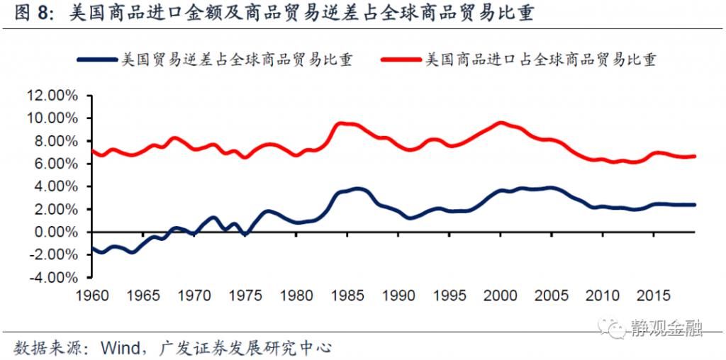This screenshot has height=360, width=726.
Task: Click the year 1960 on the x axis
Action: point(92,293)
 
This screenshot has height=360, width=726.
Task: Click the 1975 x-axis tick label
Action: point(245,293)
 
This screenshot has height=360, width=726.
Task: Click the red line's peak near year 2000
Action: point(501,123)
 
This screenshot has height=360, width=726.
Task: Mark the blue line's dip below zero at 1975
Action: point(245,234)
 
